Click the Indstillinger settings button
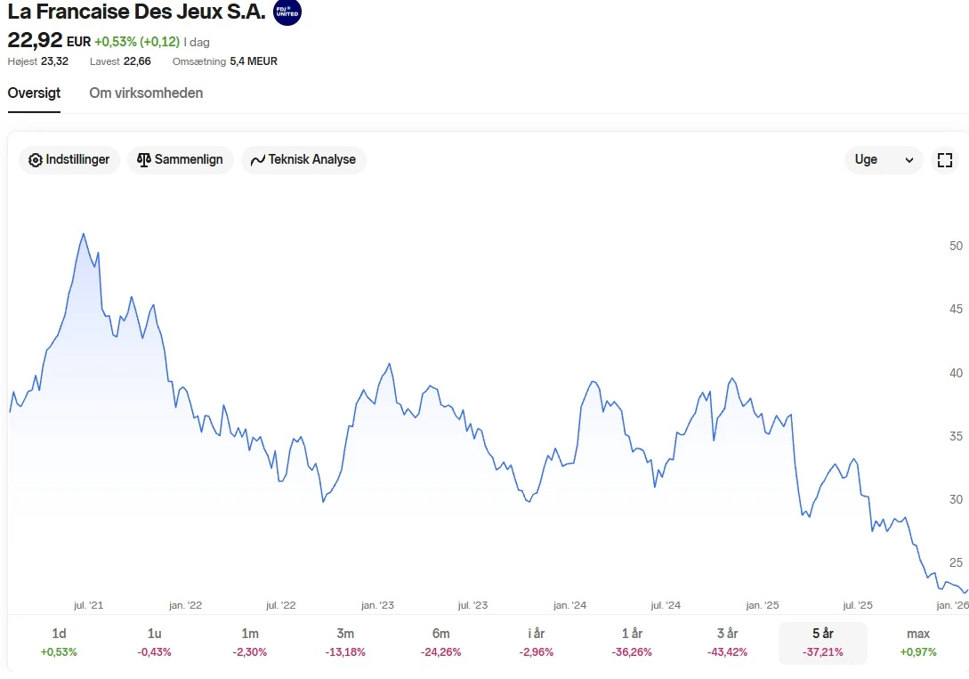(69, 160)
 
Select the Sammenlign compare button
(181, 160)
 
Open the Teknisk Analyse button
(303, 160)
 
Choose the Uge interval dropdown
(883, 160)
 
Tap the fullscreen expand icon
(945, 160)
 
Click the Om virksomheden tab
(146, 93)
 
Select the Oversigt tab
(34, 93)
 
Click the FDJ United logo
(287, 12)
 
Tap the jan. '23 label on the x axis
(377, 605)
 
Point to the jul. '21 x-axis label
(89, 605)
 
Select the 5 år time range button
(822, 641)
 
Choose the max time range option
(918, 641)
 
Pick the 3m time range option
(345, 641)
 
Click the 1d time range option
(59, 641)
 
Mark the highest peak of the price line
(84, 234)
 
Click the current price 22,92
(35, 40)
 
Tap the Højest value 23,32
(54, 61)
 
